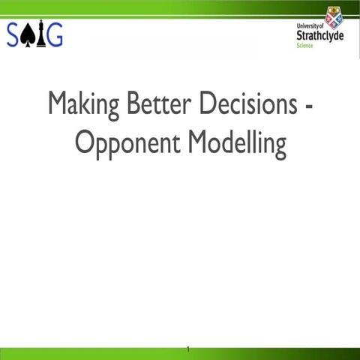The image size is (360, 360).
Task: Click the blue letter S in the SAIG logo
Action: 15,34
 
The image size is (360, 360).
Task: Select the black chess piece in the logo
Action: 40,34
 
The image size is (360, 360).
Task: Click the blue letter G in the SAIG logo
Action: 54,34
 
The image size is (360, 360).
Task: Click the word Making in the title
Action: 83,105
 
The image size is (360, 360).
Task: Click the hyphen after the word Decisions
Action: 308,106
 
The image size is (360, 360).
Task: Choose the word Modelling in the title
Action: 236,144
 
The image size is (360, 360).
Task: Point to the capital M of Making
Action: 57,103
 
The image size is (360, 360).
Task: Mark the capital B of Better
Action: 133,103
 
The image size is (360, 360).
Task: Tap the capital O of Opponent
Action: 85,142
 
